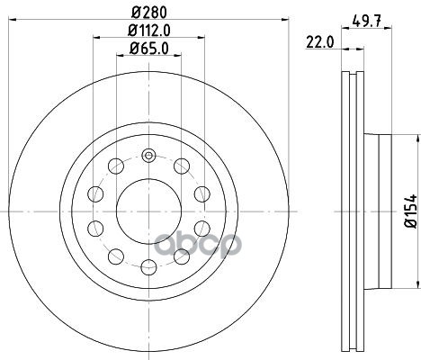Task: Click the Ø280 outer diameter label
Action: (149, 13)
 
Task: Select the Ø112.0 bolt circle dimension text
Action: (149, 31)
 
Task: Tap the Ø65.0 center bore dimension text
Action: (149, 49)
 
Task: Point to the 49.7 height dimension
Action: (366, 21)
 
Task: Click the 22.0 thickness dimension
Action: (319, 42)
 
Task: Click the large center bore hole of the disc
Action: (148, 211)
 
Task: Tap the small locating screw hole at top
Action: (148, 156)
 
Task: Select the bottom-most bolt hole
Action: (148, 267)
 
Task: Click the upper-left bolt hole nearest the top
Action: (116, 166)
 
